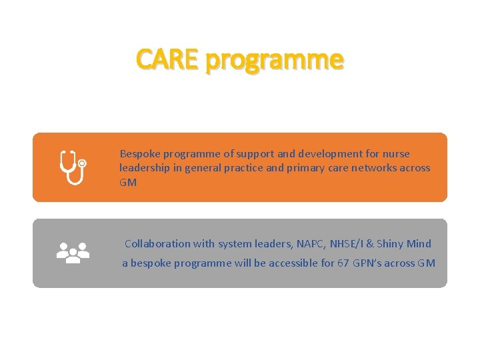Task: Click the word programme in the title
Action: [x=275, y=61]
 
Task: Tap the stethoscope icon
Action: [x=73, y=167]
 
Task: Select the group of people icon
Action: [x=73, y=253]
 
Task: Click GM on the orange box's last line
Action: [x=127, y=182]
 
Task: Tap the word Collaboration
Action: [x=157, y=244]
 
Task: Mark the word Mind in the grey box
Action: [x=419, y=244]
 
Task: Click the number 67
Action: [x=343, y=263]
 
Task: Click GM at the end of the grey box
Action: [x=427, y=263]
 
